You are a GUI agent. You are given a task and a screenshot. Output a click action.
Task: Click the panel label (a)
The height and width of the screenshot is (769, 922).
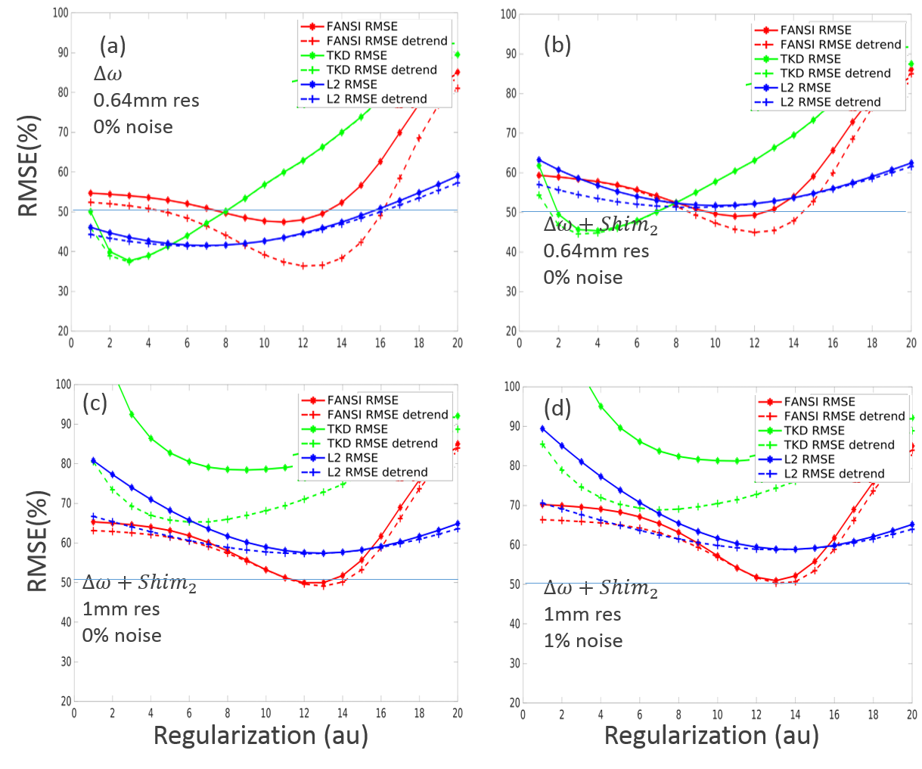click(x=113, y=47)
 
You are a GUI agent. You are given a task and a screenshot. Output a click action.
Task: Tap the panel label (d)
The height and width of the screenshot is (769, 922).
click(x=558, y=409)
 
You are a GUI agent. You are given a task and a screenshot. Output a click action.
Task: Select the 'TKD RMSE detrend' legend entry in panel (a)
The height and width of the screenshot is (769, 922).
click(x=382, y=70)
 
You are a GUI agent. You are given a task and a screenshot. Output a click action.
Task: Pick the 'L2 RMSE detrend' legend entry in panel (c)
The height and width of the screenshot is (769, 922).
click(x=377, y=472)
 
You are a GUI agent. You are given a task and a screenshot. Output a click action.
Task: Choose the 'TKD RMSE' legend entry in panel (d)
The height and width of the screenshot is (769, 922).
click(x=813, y=431)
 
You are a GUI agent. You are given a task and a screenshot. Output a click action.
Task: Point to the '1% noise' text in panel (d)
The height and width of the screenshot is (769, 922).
click(x=583, y=641)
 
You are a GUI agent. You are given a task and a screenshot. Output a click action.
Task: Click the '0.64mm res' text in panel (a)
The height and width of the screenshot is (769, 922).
click(x=146, y=100)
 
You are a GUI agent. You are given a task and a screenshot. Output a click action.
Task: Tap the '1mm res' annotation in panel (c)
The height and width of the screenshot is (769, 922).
click(x=121, y=609)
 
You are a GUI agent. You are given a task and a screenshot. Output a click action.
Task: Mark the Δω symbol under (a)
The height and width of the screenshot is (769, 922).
click(x=107, y=74)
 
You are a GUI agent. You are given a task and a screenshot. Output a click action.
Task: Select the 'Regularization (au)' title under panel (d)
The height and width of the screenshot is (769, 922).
click(x=711, y=735)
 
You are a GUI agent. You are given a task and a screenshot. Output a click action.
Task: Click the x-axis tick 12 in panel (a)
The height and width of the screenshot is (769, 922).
click(x=303, y=343)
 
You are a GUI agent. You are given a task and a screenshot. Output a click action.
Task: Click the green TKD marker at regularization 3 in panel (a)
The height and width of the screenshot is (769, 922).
click(x=129, y=261)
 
